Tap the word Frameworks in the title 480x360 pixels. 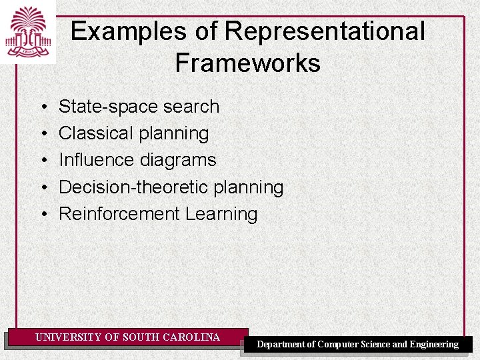coord(247,63)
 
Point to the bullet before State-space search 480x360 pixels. coord(43,107)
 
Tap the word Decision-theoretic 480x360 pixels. coord(133,187)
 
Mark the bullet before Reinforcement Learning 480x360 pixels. coord(43,214)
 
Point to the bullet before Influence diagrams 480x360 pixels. coord(43,160)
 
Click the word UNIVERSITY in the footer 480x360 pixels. coord(69,337)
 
